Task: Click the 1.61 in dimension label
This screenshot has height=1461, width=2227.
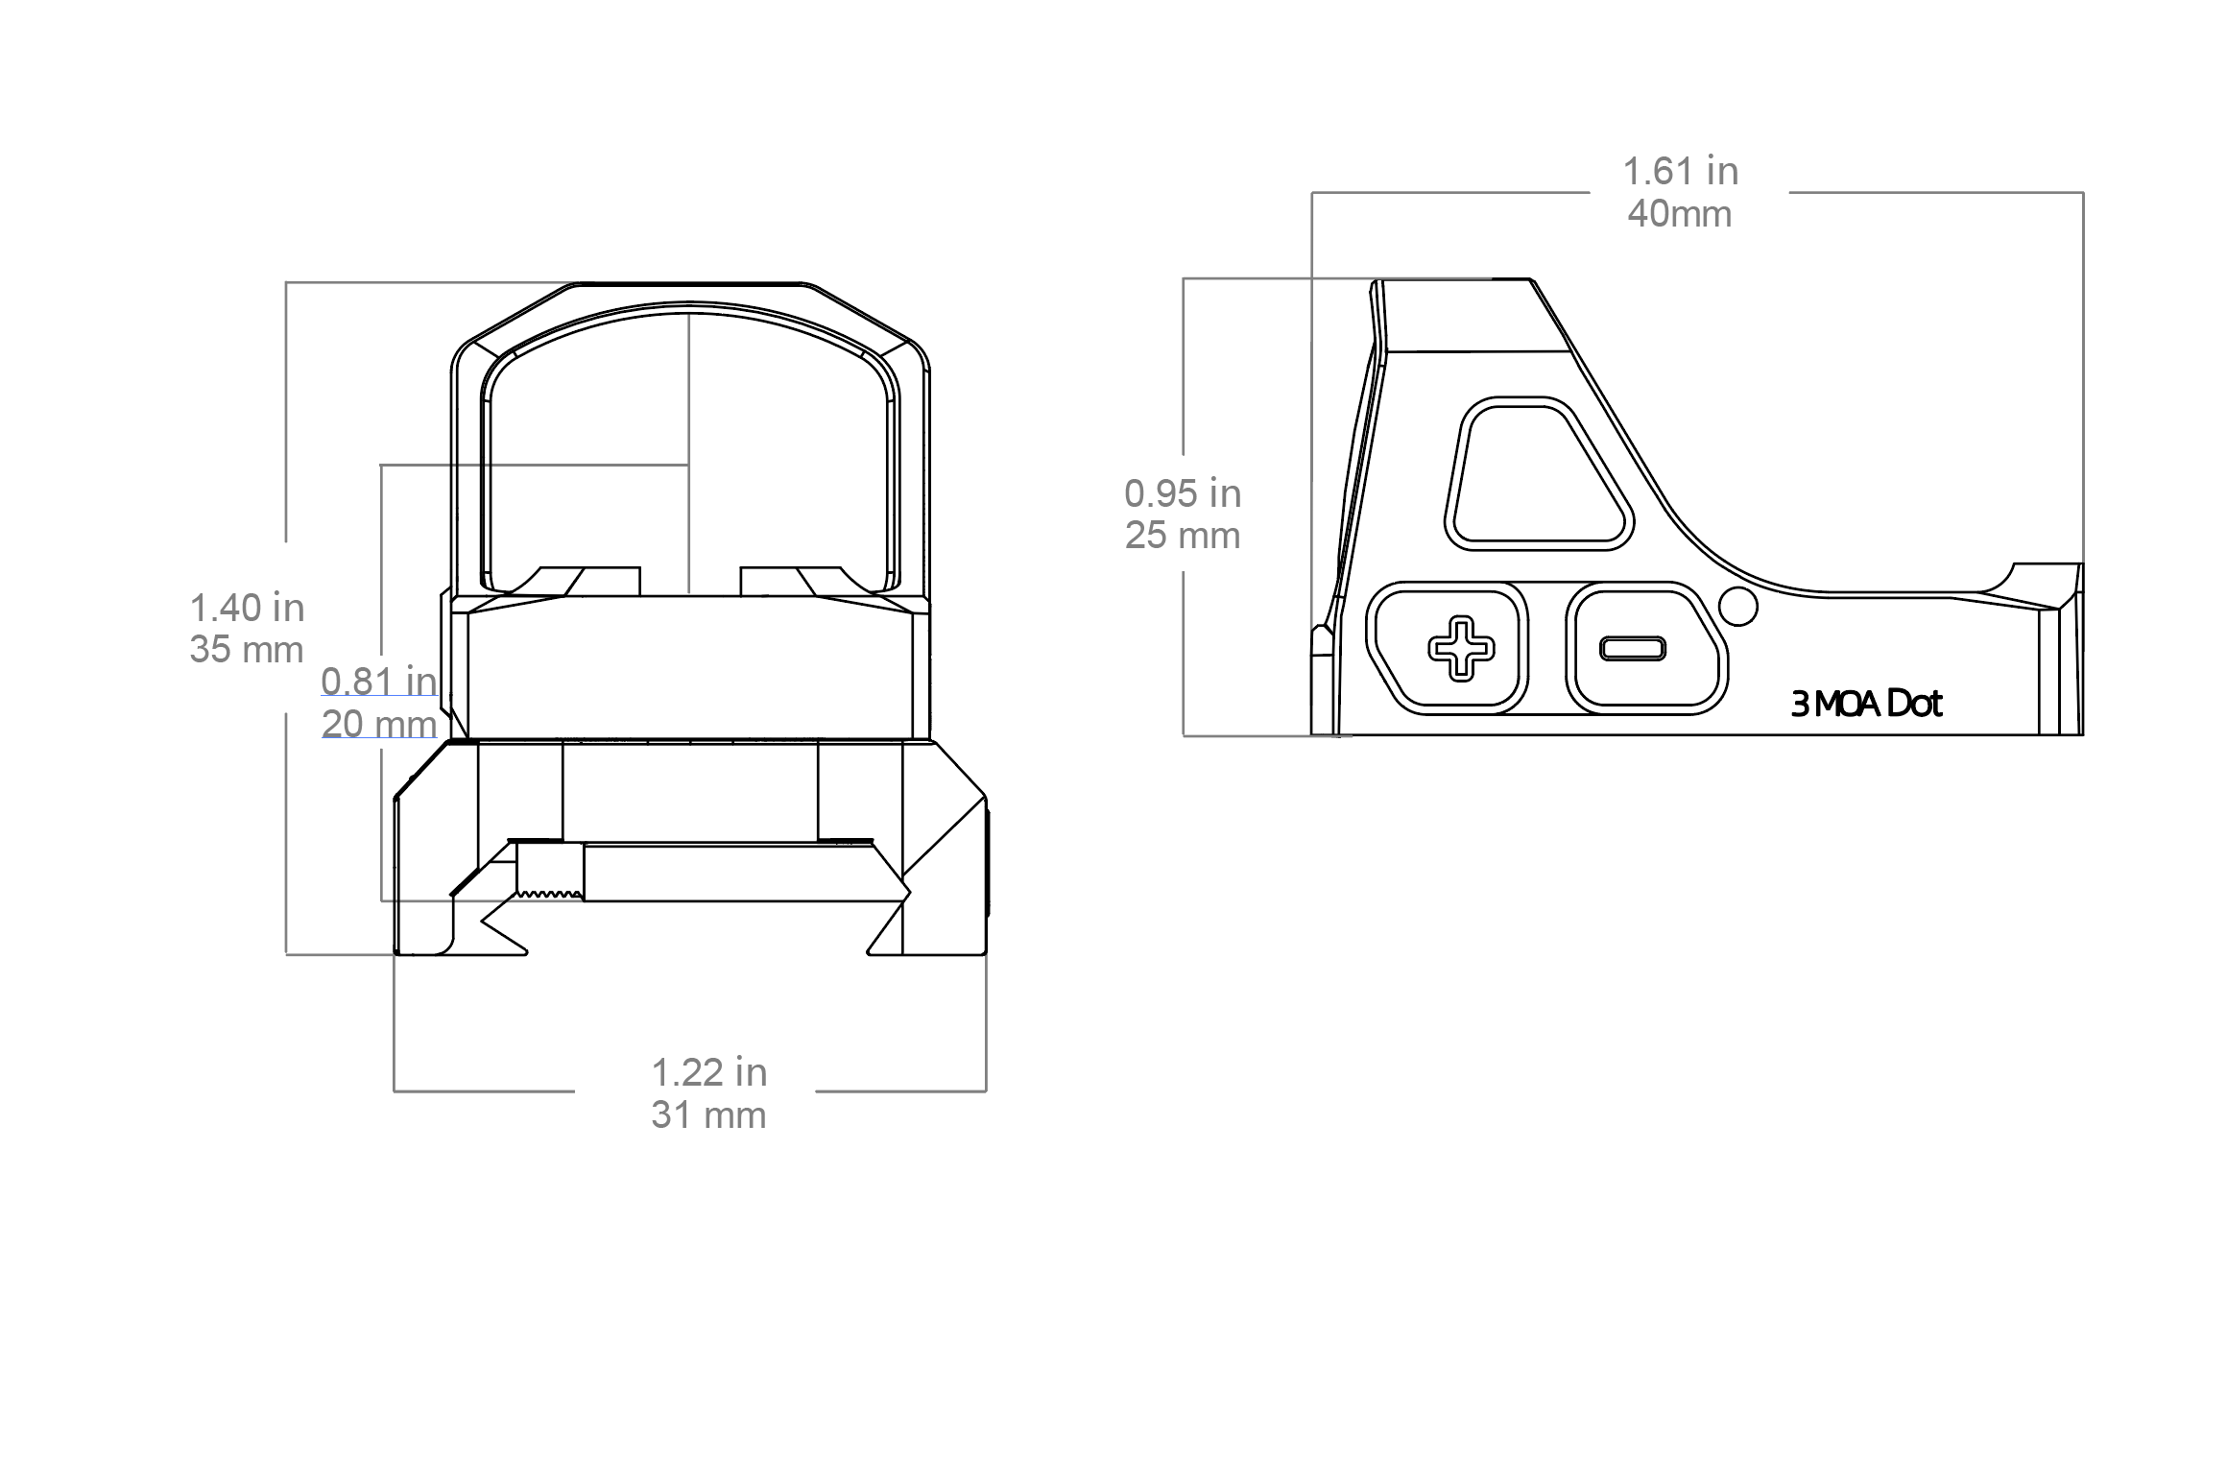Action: coord(1680,172)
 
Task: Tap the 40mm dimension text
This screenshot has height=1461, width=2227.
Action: coord(1680,214)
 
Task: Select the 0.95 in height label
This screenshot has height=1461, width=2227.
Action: coord(1183,493)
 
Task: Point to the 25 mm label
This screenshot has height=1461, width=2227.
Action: coord(1183,536)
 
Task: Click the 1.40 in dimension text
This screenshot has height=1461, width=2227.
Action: coord(247,608)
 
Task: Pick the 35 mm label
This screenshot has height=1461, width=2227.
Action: coord(247,650)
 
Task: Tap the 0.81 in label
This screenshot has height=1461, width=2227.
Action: coord(379,682)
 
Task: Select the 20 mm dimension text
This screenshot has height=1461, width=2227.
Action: coord(379,724)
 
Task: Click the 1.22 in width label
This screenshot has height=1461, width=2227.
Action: coord(709,1072)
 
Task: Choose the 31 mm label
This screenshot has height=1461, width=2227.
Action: coord(709,1115)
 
